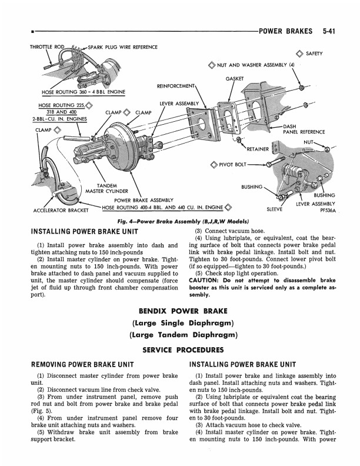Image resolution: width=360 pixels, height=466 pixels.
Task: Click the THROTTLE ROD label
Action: point(51,48)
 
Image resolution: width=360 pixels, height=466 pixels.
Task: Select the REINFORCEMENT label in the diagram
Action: point(176,86)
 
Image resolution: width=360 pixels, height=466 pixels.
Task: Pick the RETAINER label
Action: point(258,149)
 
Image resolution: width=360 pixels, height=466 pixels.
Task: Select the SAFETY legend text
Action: point(318,53)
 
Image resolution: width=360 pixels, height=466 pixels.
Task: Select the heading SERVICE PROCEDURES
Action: point(180,349)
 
